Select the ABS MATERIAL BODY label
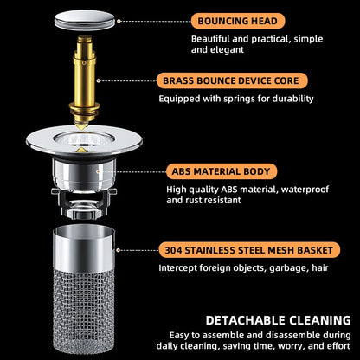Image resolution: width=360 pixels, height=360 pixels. coord(223,171)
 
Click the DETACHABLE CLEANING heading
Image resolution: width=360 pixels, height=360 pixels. coord(267,318)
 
